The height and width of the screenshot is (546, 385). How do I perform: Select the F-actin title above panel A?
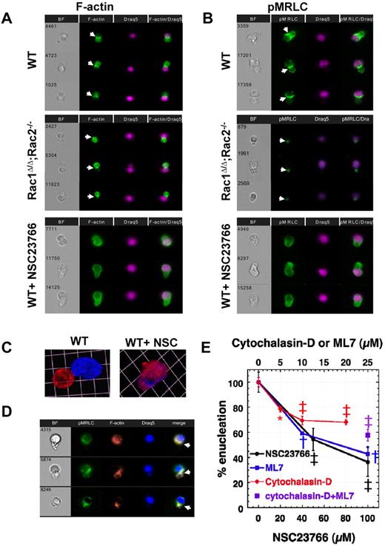point(120,11)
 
